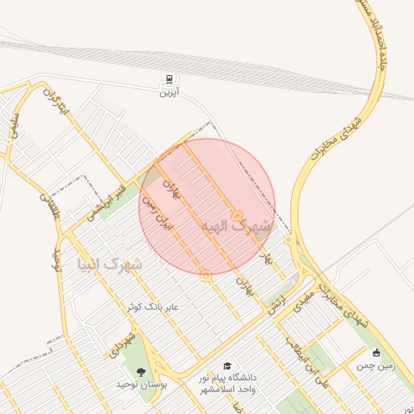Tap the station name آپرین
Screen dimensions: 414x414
(x=168, y=93)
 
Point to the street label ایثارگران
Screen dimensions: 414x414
(x=53, y=99)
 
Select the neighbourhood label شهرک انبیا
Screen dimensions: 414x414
(x=109, y=264)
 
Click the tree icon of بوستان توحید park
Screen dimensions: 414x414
(x=142, y=372)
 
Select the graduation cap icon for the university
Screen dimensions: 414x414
(x=227, y=365)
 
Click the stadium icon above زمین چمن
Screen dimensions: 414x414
(x=377, y=353)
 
